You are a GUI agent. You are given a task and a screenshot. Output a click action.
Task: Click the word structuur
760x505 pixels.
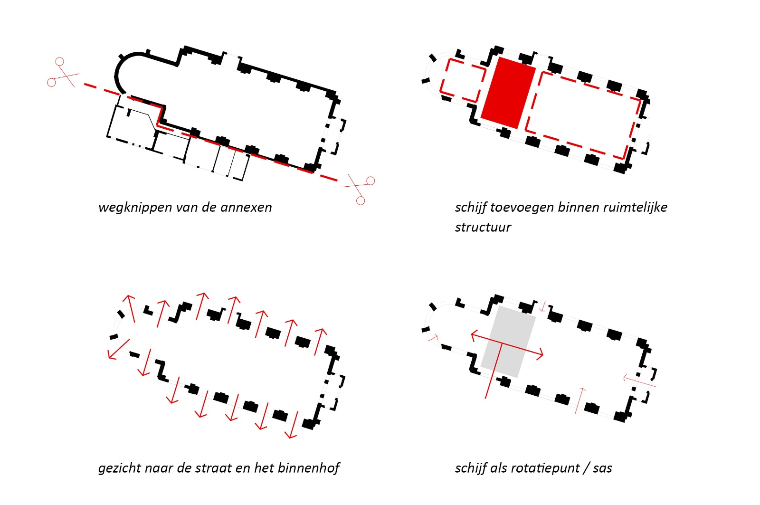pos(483,227)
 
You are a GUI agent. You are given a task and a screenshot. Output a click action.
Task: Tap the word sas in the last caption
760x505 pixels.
pos(602,468)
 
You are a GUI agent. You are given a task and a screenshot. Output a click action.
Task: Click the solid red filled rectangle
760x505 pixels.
pos(508,93)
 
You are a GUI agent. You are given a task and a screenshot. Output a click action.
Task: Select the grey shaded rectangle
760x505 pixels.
pos(508,342)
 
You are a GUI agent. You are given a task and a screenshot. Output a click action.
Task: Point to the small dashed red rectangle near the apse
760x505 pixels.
pos(463,81)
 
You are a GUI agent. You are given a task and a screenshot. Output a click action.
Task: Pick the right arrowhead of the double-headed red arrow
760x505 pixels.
pos(539,355)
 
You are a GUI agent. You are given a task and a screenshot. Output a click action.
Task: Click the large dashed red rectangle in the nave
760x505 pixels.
pos(583,115)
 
